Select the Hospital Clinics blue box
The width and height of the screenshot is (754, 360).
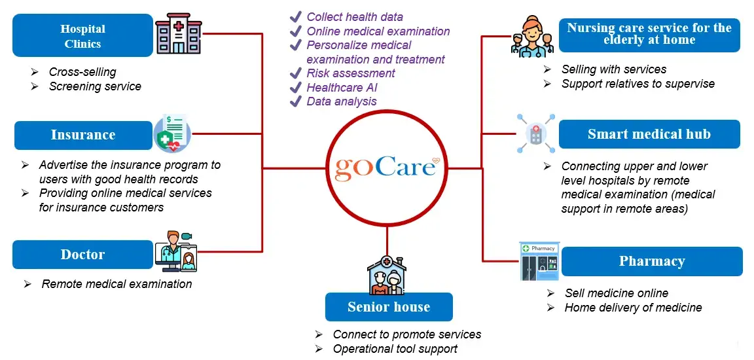pyautogui.click(x=82, y=37)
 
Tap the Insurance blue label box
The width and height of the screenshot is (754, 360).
pyautogui.click(x=82, y=135)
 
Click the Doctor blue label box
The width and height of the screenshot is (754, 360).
pyautogui.click(x=82, y=255)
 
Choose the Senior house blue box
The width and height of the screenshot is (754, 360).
pyautogui.click(x=389, y=307)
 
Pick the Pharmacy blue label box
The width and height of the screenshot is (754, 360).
pyautogui.click(x=652, y=261)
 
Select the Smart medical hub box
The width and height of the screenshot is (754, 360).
pyautogui.click(x=649, y=134)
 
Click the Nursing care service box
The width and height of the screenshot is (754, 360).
pyautogui.click(x=649, y=34)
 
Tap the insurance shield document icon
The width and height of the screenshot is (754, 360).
pyautogui.click(x=171, y=134)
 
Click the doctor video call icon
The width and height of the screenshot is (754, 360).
pyautogui.click(x=176, y=251)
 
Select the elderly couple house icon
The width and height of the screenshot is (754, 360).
pyautogui.click(x=388, y=275)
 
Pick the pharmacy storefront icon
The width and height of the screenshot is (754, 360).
pyautogui.click(x=539, y=261)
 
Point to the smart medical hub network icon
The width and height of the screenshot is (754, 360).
pyautogui.click(x=535, y=134)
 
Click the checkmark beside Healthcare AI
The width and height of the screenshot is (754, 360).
pyautogui.click(x=296, y=87)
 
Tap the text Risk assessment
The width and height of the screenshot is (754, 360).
pyautogui.click(x=351, y=73)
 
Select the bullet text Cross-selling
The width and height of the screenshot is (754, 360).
pyautogui.click(x=82, y=72)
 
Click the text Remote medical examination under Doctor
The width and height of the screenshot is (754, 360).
pyautogui.click(x=117, y=284)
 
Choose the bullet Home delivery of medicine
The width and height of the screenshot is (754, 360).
pyautogui.click(x=633, y=308)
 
